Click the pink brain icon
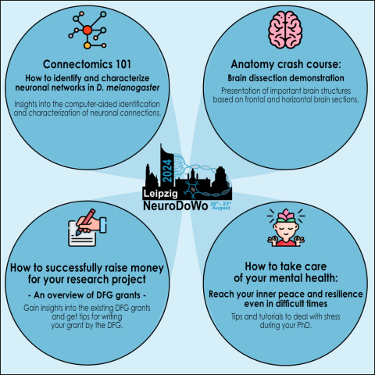pyautogui.click(x=285, y=30)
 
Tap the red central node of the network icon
pyautogui.click(x=87, y=30)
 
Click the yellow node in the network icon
pyautogui.click(x=87, y=45)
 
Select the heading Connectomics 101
pyautogui.click(x=87, y=64)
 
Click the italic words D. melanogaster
pyautogui.click(x=128, y=87)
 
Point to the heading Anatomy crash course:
pyautogui.click(x=286, y=64)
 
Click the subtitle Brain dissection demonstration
pyautogui.click(x=286, y=78)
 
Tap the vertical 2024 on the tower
pyautogui.click(x=167, y=170)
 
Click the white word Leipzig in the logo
pyautogui.click(x=161, y=194)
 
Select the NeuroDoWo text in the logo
pyautogui.click(x=176, y=205)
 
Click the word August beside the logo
pyautogui.click(x=221, y=208)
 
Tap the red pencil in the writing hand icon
pyautogui.click(x=85, y=222)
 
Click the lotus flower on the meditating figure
pyautogui.click(x=286, y=215)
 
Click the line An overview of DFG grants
pyautogui.click(x=87, y=295)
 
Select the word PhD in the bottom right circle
pyautogui.click(x=304, y=325)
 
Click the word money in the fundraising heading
pyautogui.click(x=147, y=268)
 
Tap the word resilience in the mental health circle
pyautogui.click(x=344, y=295)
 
